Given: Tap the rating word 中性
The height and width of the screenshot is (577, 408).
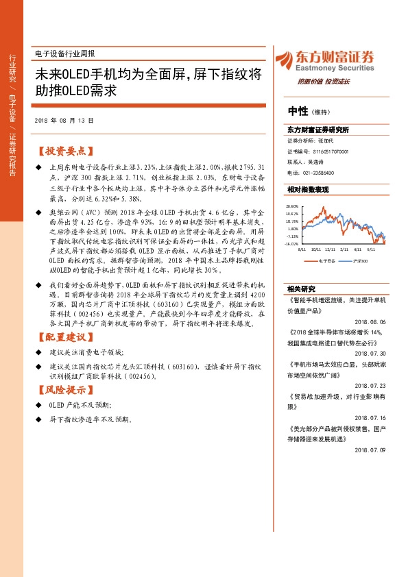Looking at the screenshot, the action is (x=298, y=112).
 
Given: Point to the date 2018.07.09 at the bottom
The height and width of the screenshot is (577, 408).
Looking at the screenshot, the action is (x=370, y=450).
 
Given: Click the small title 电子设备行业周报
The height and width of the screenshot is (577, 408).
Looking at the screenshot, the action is (x=64, y=53).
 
